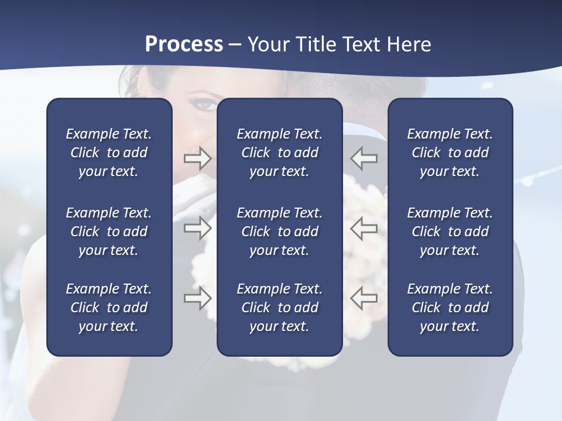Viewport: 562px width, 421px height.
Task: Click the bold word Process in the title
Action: point(184,44)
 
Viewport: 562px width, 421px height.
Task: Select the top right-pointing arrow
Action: point(198,158)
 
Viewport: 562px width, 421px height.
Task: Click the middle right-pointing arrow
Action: point(198,227)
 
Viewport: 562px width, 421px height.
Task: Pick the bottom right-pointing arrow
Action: point(198,298)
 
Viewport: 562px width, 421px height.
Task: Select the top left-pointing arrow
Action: point(364,158)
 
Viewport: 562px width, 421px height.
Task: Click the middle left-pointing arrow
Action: point(364,227)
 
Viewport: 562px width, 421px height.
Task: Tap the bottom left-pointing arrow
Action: point(364,298)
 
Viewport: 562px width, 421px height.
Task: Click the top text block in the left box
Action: point(109,153)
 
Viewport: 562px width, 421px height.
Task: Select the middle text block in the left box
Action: point(109,232)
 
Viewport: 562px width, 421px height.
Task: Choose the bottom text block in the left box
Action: point(109,308)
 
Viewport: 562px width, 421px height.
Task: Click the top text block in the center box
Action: point(279,153)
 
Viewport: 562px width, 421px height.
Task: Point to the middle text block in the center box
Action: point(279,232)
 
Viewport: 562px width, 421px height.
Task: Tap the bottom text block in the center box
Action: point(279,308)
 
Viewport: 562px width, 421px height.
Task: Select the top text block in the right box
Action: point(450,153)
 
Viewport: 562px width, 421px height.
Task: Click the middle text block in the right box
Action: point(450,232)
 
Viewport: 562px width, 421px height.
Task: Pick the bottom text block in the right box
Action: point(450,308)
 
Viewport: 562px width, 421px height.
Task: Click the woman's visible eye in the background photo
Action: point(205,104)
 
